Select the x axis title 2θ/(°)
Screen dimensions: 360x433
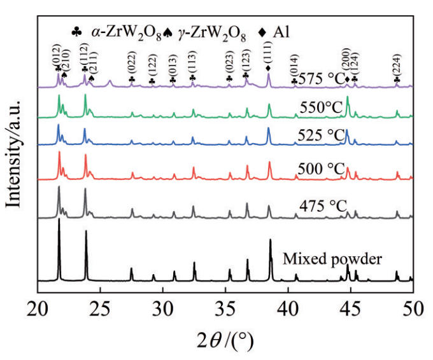coord(225,340)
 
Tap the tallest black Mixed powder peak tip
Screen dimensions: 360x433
coord(59,220)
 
